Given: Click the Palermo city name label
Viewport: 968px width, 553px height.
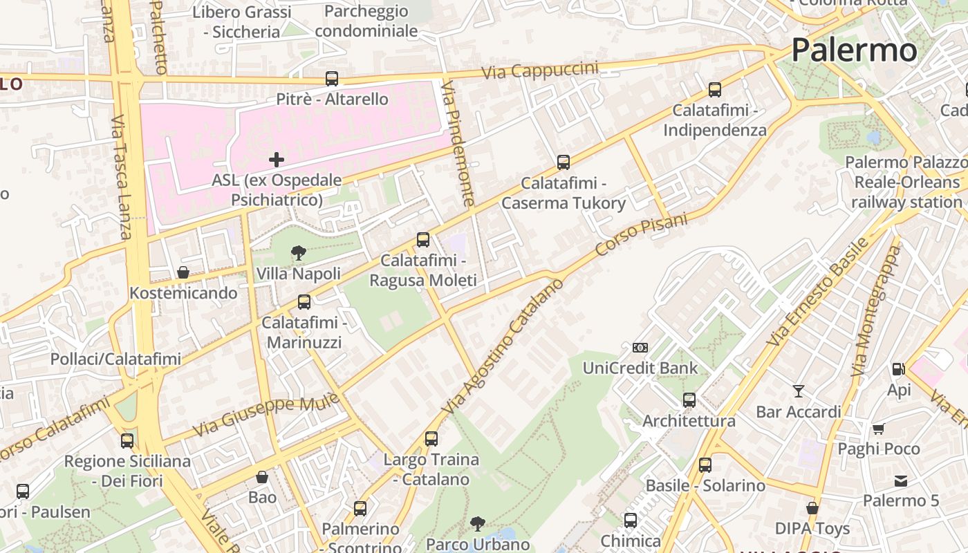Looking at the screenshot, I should (854, 50).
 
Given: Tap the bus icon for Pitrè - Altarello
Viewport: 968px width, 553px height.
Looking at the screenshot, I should (332, 79).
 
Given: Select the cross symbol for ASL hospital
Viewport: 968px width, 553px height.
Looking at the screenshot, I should (277, 160).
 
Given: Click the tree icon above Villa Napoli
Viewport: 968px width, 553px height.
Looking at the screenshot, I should (299, 253).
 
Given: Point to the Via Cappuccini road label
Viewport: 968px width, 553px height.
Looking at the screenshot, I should (540, 71).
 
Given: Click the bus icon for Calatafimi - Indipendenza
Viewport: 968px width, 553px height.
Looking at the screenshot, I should (715, 90).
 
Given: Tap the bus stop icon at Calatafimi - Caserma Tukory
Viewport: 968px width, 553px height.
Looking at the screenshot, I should (564, 162).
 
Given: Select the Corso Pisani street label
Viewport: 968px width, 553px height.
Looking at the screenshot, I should (642, 235).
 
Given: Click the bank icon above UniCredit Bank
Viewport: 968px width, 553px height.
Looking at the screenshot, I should (640, 348).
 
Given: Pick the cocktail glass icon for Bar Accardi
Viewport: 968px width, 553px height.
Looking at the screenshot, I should (799, 391).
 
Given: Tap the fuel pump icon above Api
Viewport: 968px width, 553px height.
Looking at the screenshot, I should (898, 369).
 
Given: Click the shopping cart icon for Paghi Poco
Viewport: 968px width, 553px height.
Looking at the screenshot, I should (879, 429).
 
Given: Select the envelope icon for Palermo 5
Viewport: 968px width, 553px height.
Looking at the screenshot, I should (901, 480).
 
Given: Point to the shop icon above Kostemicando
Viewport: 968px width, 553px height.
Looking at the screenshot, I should (183, 272).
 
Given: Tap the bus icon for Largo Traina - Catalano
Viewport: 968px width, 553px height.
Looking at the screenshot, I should (431, 439).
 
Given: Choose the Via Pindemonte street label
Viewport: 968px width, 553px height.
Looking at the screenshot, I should (458, 143).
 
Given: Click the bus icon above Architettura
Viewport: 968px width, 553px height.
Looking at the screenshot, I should (689, 400).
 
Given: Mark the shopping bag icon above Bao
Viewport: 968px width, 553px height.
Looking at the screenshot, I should (262, 477).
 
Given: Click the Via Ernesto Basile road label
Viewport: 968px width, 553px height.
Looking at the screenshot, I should (818, 292).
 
